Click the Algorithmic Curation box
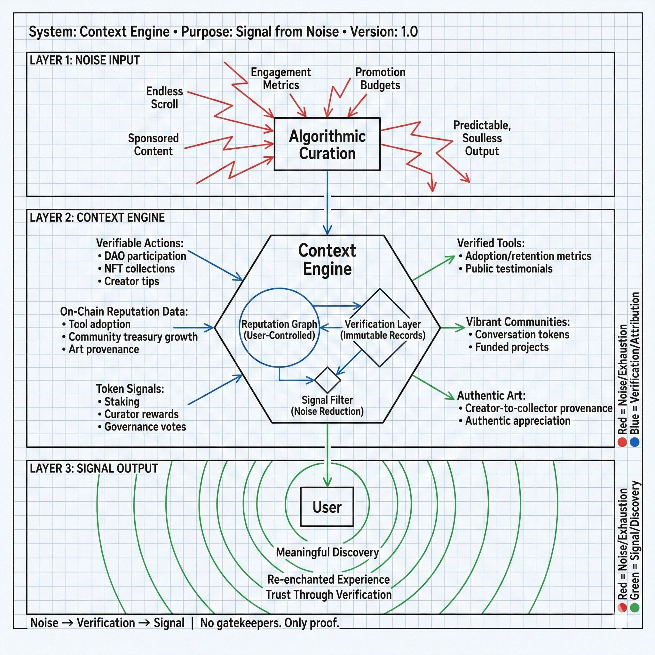click(327, 144)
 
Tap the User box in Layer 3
click(327, 507)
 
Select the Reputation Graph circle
click(279, 327)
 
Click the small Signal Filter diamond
click(327, 380)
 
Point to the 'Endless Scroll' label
click(164, 98)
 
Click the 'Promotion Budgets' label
click(380, 78)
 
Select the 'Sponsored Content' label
click(153, 145)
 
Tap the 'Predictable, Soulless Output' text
click(482, 138)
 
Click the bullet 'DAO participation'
click(145, 256)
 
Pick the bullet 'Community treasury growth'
click(133, 337)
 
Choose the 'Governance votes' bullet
click(145, 427)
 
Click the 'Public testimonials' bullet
click(509, 269)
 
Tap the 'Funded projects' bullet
click(511, 347)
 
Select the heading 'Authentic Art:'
click(491, 395)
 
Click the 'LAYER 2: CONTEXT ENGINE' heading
click(97, 217)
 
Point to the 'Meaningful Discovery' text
click(327, 552)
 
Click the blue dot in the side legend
click(634, 442)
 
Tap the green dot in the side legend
click(634, 607)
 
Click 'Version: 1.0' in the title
click(384, 32)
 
